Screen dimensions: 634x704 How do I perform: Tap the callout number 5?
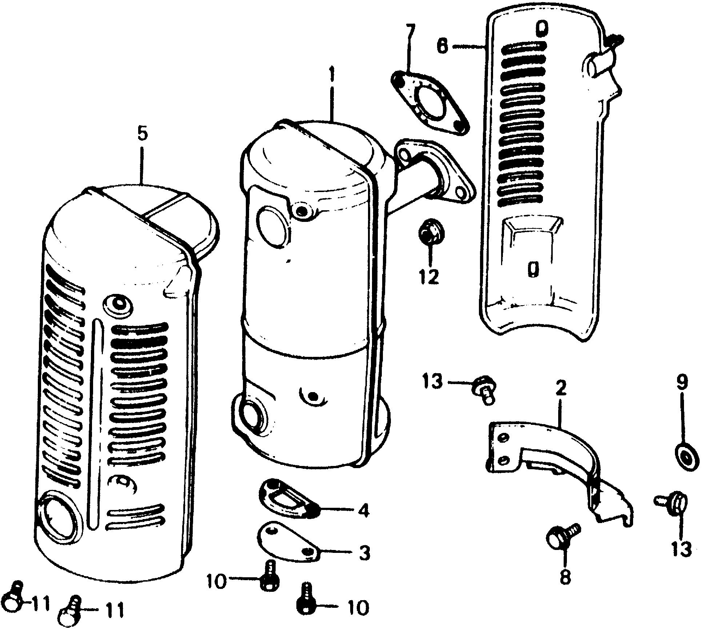[x=143, y=135]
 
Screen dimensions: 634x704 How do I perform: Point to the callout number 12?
[x=430, y=278]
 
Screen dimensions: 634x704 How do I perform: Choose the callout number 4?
[x=363, y=510]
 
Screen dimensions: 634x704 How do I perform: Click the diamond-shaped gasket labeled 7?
[x=429, y=103]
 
